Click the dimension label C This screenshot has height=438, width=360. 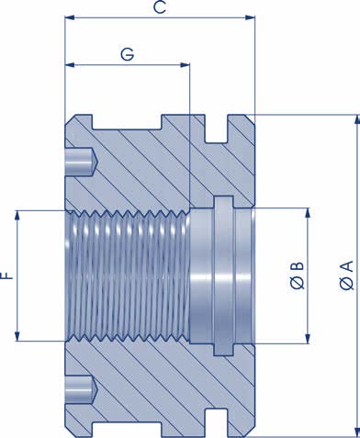pos(159,8)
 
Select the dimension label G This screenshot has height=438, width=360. pos(128,55)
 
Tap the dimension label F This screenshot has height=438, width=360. pos(7,275)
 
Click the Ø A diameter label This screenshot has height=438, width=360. pos(345,275)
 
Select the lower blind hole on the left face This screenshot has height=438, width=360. pos(82,390)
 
